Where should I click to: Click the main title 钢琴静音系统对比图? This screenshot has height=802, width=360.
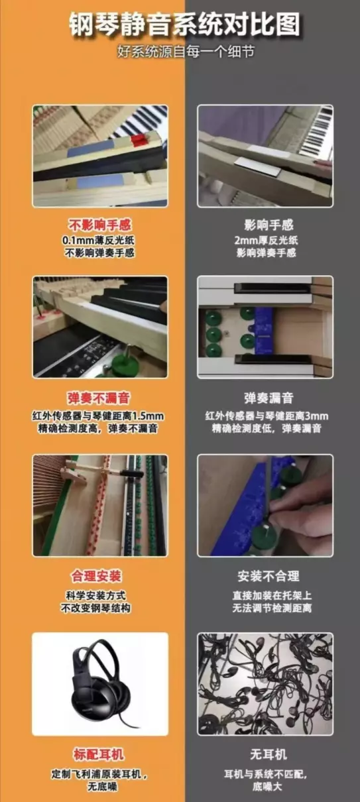coord(184,25)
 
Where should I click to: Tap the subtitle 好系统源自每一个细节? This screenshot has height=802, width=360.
coord(186,52)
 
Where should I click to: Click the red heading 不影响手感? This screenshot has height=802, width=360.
coord(100,225)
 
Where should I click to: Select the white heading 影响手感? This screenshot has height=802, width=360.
coord(269,225)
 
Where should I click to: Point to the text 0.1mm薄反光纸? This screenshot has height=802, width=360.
coord(99,240)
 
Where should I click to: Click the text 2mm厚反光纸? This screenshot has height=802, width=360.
coord(266,240)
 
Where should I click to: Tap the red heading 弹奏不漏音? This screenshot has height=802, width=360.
coord(99,398)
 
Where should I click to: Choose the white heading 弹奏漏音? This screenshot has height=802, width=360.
coord(269,398)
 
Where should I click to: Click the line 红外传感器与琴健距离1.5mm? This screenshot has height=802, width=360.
coord(98,416)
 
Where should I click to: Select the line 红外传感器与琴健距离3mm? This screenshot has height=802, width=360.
coord(267,416)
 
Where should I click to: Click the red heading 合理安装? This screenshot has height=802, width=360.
coord(96,576)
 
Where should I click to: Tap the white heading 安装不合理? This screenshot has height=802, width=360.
coord(269,576)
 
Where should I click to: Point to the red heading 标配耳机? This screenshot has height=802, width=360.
coord(99,754)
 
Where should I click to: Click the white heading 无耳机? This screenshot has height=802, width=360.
coord(269,754)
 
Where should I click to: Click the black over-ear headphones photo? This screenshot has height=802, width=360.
coord(100,684)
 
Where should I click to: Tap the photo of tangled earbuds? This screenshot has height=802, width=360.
coord(265,684)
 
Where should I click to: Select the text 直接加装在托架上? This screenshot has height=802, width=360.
coord(272,595)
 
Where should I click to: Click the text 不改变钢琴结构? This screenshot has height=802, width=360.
coord(95,608)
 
